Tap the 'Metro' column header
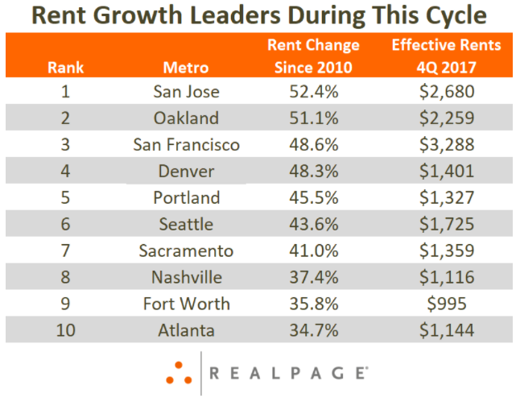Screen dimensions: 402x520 click(186, 67)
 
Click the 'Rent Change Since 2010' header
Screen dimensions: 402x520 click(313, 56)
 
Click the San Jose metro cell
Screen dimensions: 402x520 click(186, 91)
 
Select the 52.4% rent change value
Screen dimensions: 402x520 click(313, 91)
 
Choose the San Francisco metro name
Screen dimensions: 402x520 click(186, 144)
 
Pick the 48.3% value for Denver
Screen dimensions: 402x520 click(313, 171)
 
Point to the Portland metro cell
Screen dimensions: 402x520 click(186, 197)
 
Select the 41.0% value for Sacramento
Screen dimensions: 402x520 click(313, 250)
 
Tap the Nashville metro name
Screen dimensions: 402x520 click(186, 276)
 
